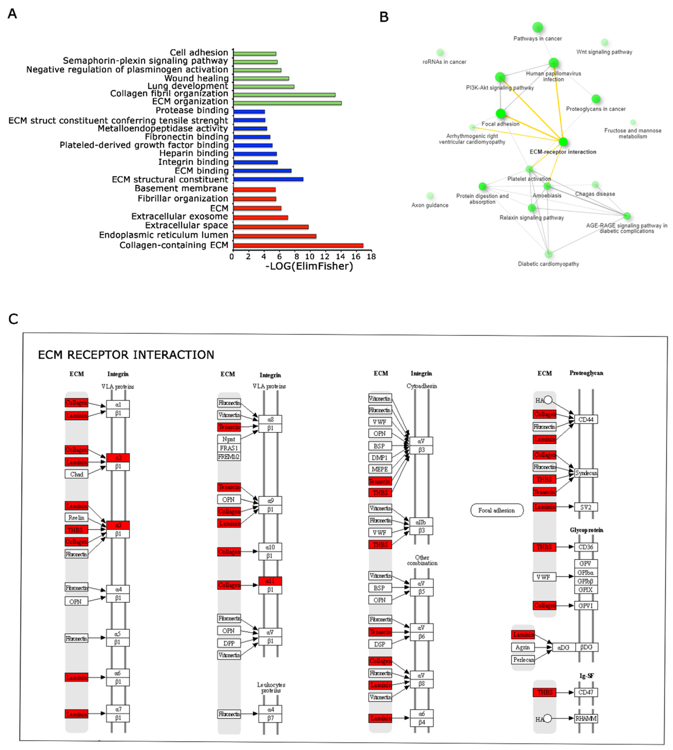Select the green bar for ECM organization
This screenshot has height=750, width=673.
(x=287, y=103)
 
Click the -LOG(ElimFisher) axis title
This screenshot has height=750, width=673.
(x=309, y=266)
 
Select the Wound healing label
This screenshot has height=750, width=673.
(x=196, y=78)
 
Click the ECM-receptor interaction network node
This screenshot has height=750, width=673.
(x=563, y=142)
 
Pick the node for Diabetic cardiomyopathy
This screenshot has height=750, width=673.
(x=548, y=254)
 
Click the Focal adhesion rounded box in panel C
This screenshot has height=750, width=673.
(x=497, y=510)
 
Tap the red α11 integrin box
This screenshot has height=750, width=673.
(x=270, y=581)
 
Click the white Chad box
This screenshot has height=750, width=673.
(x=77, y=474)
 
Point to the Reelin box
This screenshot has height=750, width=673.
(x=77, y=517)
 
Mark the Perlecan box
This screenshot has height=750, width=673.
(x=523, y=660)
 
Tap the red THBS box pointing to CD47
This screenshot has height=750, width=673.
(x=544, y=692)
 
